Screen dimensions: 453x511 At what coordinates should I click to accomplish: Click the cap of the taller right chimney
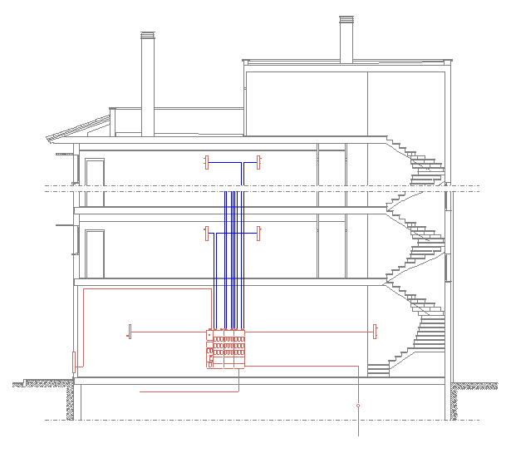pyautogui.click(x=346, y=20)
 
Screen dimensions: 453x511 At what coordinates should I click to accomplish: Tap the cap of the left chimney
pyautogui.click(x=147, y=36)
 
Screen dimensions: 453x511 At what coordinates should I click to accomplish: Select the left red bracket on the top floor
pyautogui.click(x=206, y=161)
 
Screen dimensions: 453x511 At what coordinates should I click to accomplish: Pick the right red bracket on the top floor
pyautogui.click(x=259, y=161)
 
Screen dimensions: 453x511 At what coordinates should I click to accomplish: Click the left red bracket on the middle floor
pyautogui.click(x=206, y=233)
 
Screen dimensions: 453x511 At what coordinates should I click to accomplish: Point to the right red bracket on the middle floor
pyautogui.click(x=259, y=233)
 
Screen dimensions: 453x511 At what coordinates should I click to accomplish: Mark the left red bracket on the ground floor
pyautogui.click(x=129, y=331)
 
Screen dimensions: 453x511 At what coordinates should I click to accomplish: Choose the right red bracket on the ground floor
pyautogui.click(x=375, y=331)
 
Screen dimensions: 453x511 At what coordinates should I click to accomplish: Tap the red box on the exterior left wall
pyautogui.click(x=75, y=362)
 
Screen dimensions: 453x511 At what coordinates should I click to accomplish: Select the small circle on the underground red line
pyautogui.click(x=358, y=406)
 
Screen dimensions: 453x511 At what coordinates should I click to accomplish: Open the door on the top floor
pyautogui.click(x=95, y=184)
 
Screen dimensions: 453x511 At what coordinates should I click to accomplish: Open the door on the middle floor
pyautogui.click(x=95, y=254)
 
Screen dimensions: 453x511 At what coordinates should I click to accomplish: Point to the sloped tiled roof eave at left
pyautogui.click(x=79, y=130)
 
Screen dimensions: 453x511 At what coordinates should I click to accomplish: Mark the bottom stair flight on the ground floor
pyautogui.click(x=379, y=370)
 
